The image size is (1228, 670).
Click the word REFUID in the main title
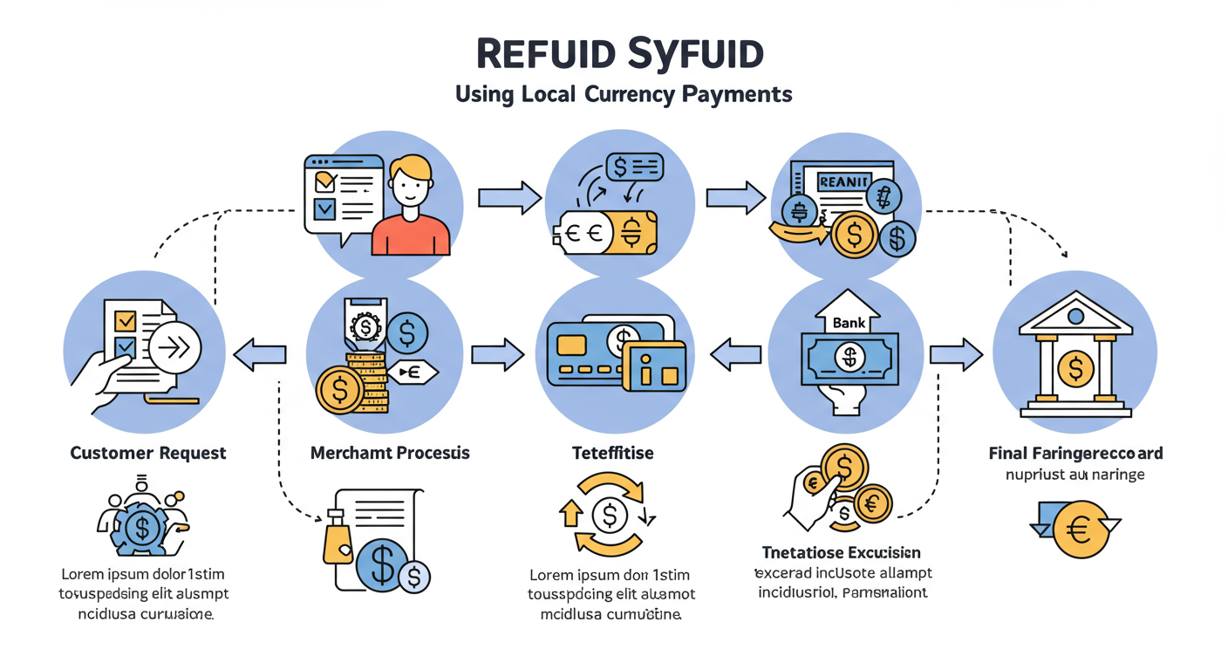(x=545, y=54)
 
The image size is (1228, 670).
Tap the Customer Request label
(x=147, y=453)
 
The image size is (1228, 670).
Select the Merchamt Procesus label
(x=389, y=453)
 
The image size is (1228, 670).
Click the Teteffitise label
(x=612, y=453)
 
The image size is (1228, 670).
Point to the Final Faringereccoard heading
(x=1075, y=453)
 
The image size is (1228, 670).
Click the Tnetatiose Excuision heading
(x=841, y=552)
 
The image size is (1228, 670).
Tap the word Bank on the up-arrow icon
(x=849, y=322)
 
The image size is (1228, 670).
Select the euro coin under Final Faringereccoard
(x=1079, y=529)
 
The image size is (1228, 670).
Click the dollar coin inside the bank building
(x=1075, y=367)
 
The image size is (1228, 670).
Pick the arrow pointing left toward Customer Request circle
(x=260, y=353)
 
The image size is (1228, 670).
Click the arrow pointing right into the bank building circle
(x=956, y=353)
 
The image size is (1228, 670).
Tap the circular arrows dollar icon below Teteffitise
(x=609, y=515)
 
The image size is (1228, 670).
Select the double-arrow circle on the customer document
(x=174, y=348)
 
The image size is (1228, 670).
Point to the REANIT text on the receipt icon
(x=843, y=181)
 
